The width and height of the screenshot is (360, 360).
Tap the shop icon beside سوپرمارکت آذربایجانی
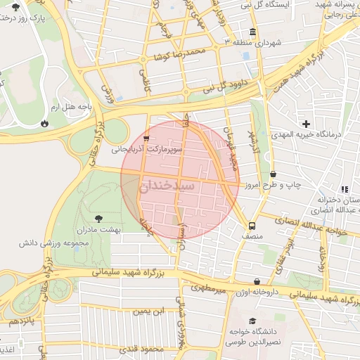click(146, 139)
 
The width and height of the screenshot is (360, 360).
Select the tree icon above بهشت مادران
click(97, 217)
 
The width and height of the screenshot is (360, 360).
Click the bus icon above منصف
click(251, 226)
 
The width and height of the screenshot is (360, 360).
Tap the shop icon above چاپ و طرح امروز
click(272, 174)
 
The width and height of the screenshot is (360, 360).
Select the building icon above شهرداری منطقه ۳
click(252, 32)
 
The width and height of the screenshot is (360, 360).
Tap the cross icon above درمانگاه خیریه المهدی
click(307, 123)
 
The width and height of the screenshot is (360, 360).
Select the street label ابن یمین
click(149, 310)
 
